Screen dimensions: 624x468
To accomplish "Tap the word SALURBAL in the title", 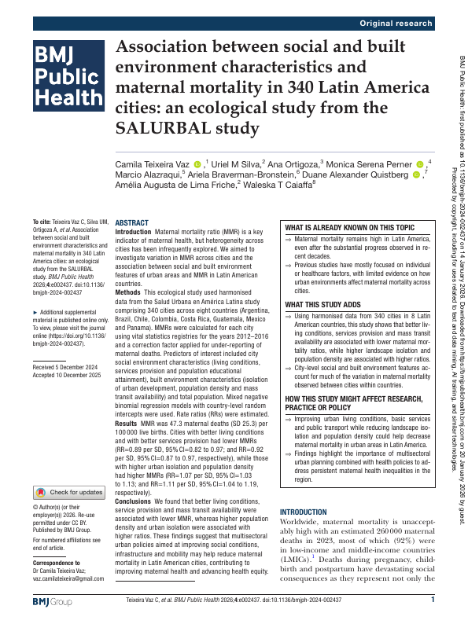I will click(163, 127).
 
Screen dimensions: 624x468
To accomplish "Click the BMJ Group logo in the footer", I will click(52, 601).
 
